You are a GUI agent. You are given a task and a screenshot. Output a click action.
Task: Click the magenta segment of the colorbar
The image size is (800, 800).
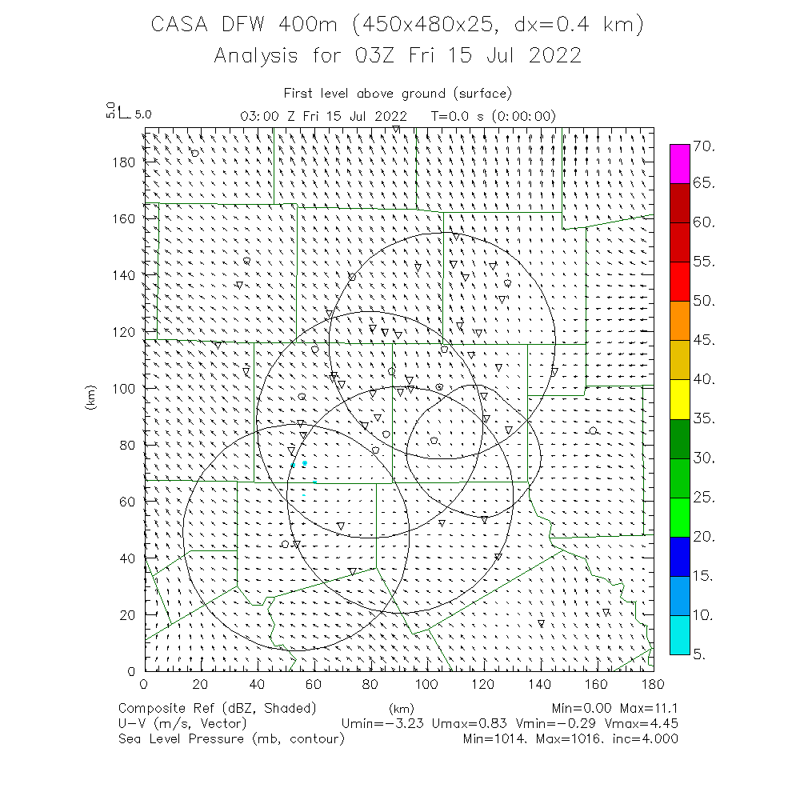680,164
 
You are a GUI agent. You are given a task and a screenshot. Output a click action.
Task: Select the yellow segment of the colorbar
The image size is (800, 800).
680,398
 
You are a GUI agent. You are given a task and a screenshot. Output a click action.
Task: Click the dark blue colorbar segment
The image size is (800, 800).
680,555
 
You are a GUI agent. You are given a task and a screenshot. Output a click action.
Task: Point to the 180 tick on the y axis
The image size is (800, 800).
126,161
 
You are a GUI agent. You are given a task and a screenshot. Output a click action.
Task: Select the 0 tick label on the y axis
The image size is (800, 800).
132,670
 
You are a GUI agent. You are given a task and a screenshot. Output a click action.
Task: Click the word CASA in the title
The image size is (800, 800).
177,25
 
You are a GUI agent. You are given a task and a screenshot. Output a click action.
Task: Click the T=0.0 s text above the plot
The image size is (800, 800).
455,116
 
